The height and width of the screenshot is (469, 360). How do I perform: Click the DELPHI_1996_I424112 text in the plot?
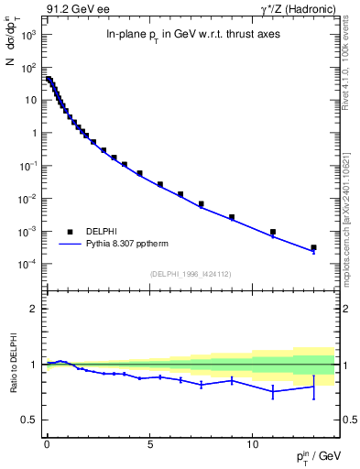191,273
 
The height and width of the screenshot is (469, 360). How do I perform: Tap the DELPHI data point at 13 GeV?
313,247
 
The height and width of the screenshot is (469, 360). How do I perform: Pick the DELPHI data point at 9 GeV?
232,217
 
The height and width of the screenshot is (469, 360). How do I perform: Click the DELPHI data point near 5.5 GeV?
160,184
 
